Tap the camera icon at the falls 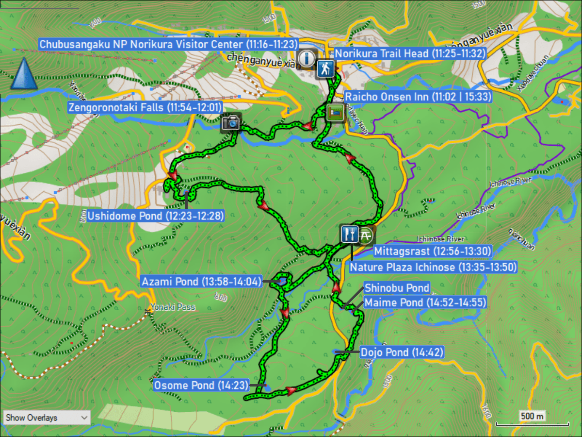coord(231,122)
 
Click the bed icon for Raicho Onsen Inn coord(336,112)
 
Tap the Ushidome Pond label coord(156,215)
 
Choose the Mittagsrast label coord(433,251)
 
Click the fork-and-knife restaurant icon coord(349,234)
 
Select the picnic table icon coord(367,235)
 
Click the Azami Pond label coord(201,281)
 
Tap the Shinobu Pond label coord(397,288)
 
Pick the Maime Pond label coord(425,303)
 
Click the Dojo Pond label coord(402,352)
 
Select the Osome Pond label coord(201,386)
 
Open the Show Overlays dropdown coord(47,418)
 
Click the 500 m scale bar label coord(532,416)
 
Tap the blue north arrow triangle coord(23,74)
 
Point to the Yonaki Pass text coord(173,307)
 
